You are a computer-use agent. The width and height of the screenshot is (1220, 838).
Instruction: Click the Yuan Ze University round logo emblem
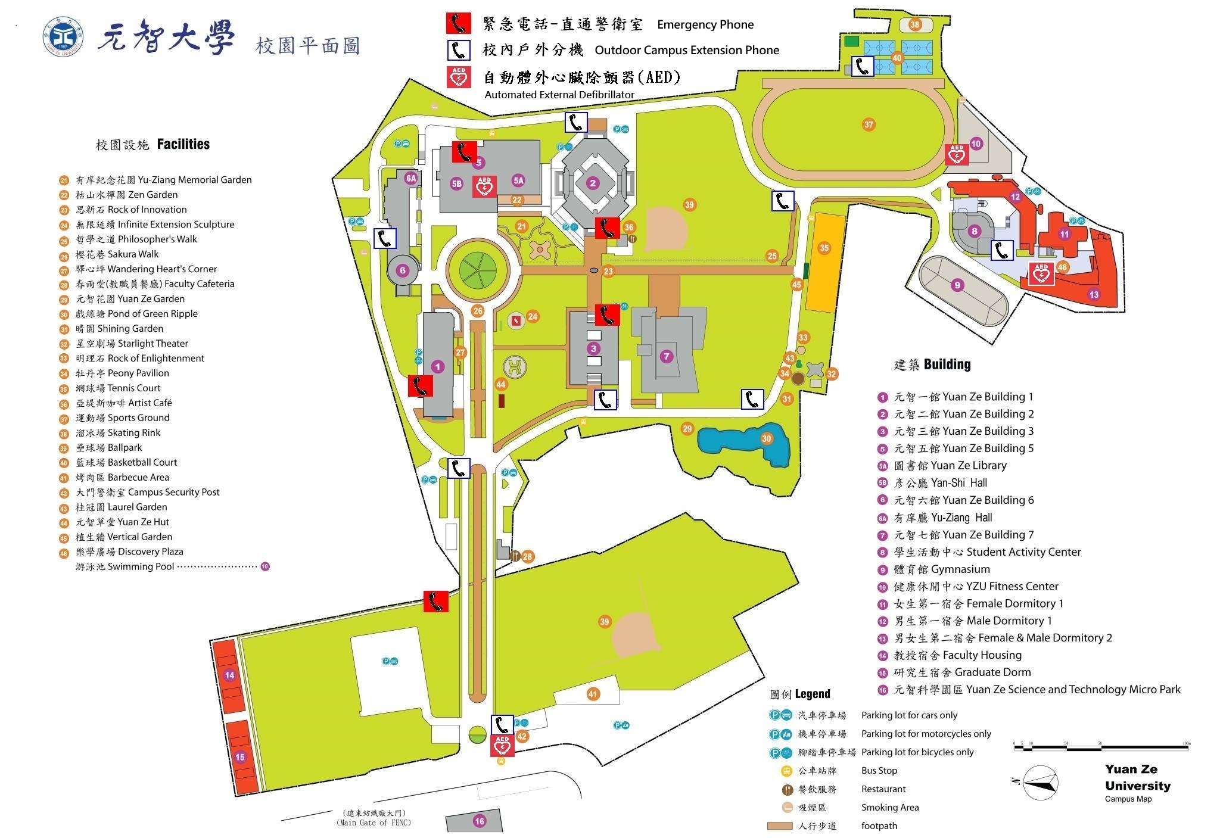point(63,37)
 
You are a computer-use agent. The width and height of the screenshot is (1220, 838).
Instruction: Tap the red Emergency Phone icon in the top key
point(458,24)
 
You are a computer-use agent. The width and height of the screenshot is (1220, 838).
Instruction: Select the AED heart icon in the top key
point(459,77)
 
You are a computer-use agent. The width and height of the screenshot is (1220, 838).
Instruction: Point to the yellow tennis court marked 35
point(824,262)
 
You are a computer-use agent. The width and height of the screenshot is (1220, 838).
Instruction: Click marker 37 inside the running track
point(869,124)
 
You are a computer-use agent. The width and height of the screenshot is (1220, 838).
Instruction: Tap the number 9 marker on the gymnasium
point(957,285)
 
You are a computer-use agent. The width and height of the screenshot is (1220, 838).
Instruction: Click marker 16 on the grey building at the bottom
point(479,821)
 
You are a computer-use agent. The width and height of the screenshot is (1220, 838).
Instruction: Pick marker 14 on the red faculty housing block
point(229,675)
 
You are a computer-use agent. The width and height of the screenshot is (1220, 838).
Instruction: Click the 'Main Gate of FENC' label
point(374,818)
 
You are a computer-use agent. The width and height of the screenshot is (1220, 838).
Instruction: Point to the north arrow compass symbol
point(1041,782)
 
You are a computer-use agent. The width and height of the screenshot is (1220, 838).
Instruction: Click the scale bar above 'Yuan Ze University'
point(1101,744)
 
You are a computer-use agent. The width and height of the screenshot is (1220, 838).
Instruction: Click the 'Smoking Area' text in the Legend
point(890,808)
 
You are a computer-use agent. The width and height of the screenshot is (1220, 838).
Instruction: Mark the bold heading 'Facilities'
point(183,144)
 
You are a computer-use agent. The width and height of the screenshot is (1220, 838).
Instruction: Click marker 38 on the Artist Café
point(915,24)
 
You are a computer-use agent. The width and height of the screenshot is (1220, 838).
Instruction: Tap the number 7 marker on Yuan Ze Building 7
point(666,357)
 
